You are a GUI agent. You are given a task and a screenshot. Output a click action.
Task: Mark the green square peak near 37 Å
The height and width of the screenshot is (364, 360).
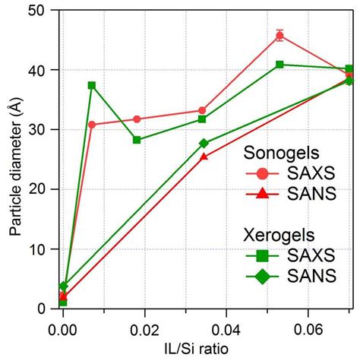pyautogui.click(x=92, y=85)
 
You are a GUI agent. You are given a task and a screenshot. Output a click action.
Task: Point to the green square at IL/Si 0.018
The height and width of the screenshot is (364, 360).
pyautogui.click(x=137, y=140)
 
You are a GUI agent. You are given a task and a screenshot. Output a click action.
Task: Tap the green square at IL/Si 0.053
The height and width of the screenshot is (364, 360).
pyautogui.click(x=279, y=65)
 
